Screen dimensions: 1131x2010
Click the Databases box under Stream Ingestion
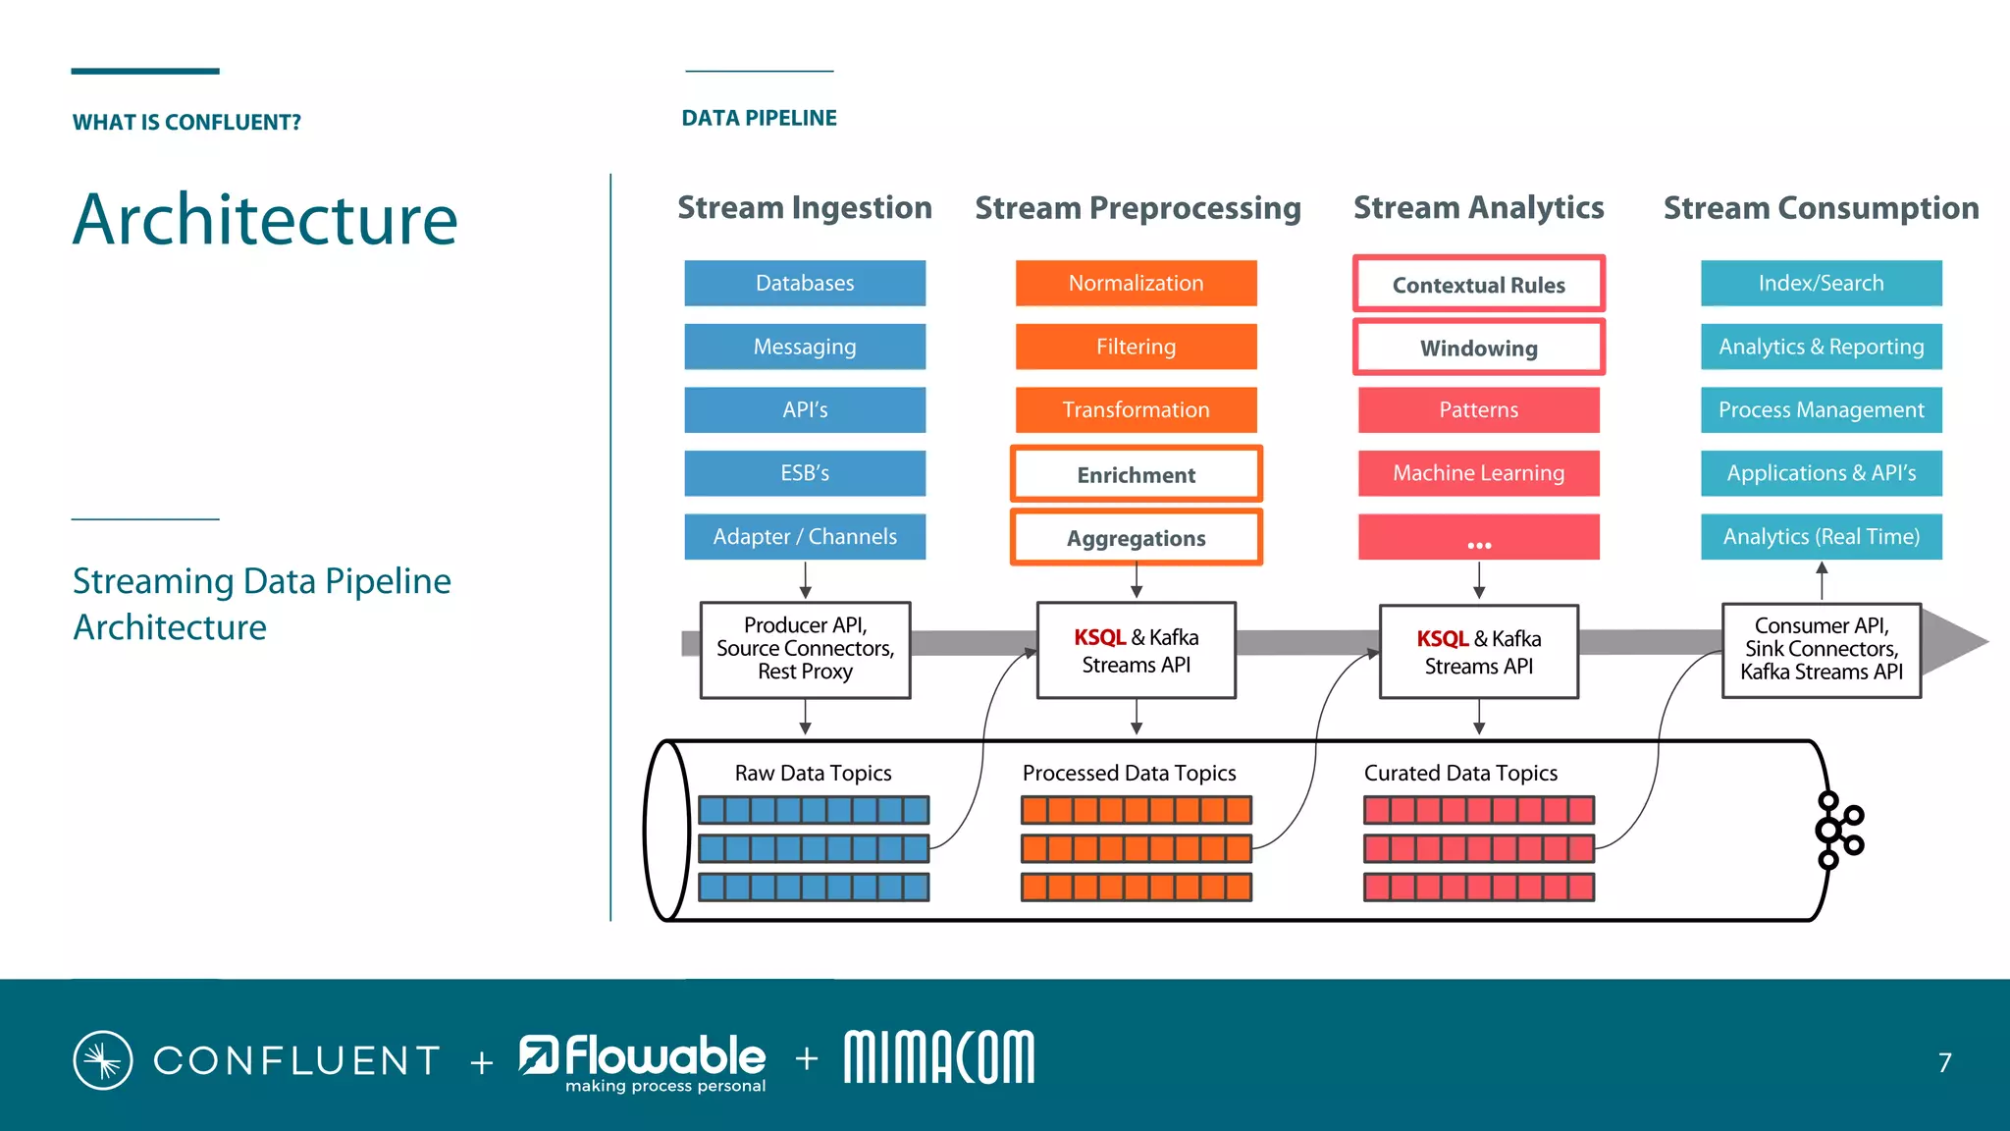tap(805, 283)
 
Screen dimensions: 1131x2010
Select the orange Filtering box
tap(1136, 347)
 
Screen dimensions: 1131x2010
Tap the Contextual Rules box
tap(1478, 285)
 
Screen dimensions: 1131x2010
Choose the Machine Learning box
tap(1478, 473)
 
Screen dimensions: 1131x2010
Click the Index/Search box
tap(1821, 283)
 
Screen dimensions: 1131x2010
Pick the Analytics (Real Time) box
tap(1821, 537)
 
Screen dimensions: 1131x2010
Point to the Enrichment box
tap(1136, 475)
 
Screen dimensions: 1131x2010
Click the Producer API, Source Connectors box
tap(805, 649)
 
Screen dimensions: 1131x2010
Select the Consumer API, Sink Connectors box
tap(1821, 649)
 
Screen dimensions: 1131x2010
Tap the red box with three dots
tap(1478, 538)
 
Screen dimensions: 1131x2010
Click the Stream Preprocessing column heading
tap(1137, 208)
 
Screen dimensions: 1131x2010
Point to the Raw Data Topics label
tap(813, 774)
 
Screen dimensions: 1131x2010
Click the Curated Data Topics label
tap(1460, 774)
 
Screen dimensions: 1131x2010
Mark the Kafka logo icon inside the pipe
tap(1837, 831)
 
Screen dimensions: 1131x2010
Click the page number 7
tap(1944, 1062)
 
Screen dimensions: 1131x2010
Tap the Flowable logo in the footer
tap(644, 1060)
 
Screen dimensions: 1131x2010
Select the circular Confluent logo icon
tap(103, 1060)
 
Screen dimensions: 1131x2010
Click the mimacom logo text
tap(938, 1057)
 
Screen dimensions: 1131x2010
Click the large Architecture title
tap(265, 219)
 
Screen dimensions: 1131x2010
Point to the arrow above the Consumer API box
tap(1822, 579)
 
